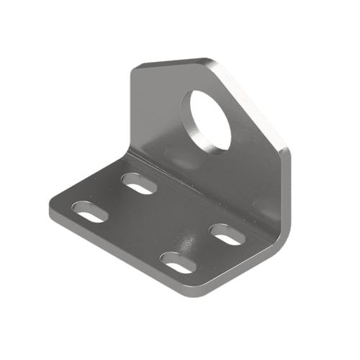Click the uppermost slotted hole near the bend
pos(140,183)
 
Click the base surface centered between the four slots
pos(158,223)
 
